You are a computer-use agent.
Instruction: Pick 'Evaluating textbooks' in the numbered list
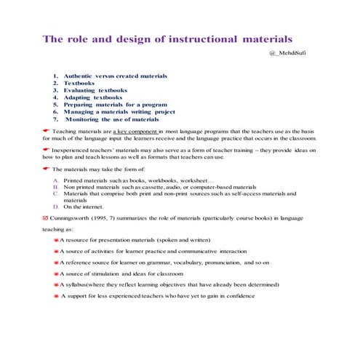coord(95,90)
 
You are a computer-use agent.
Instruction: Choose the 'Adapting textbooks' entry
coord(92,97)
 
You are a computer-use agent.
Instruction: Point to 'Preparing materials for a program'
coord(111,105)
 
